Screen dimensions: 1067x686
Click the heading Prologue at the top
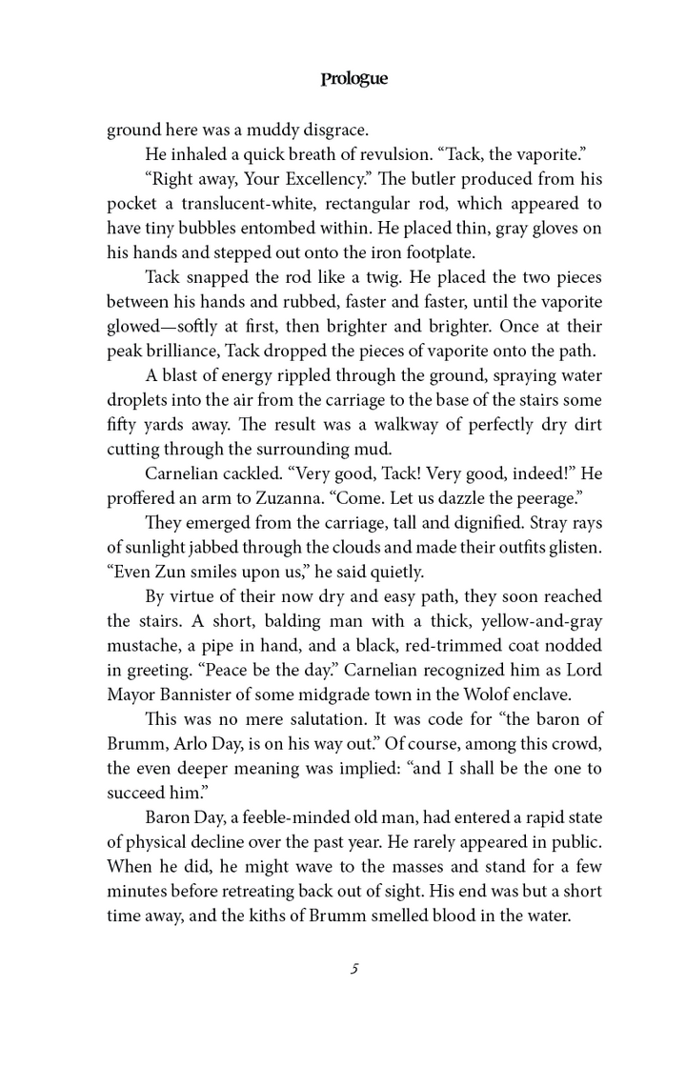coord(353,80)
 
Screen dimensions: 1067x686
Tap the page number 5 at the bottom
coord(353,970)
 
